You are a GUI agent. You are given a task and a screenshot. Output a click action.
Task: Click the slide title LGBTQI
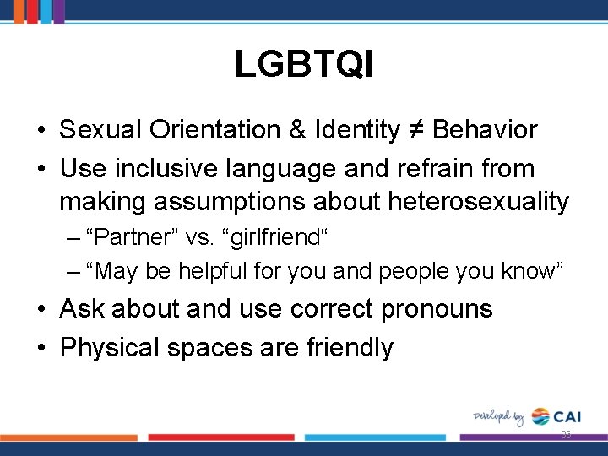(304, 64)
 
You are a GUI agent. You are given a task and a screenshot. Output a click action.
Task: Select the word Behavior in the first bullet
(486, 130)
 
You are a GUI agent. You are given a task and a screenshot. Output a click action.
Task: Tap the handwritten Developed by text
(498, 417)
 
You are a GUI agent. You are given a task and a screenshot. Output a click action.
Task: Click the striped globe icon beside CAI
(540, 416)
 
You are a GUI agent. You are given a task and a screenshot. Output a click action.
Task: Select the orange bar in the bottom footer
(68, 437)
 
